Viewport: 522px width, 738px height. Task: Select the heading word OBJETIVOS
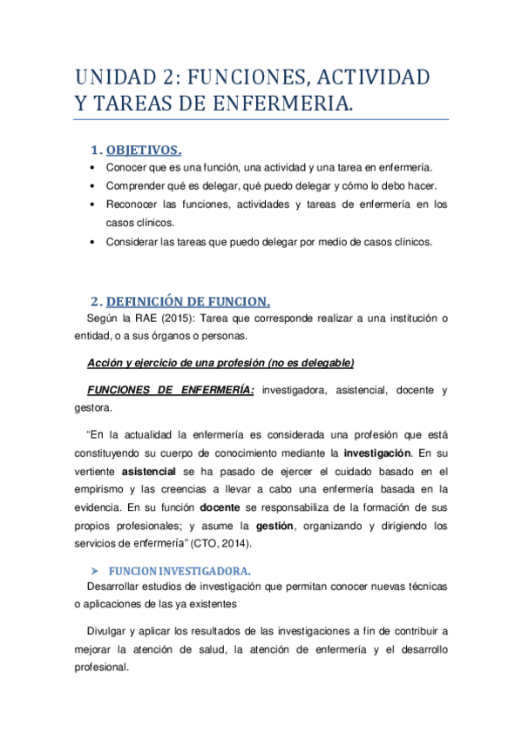[144, 151]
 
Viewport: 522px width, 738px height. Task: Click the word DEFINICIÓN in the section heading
[149, 302]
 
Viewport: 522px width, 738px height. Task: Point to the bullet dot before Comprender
[93, 186]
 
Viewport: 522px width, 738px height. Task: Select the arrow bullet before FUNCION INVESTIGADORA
[96, 571]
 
